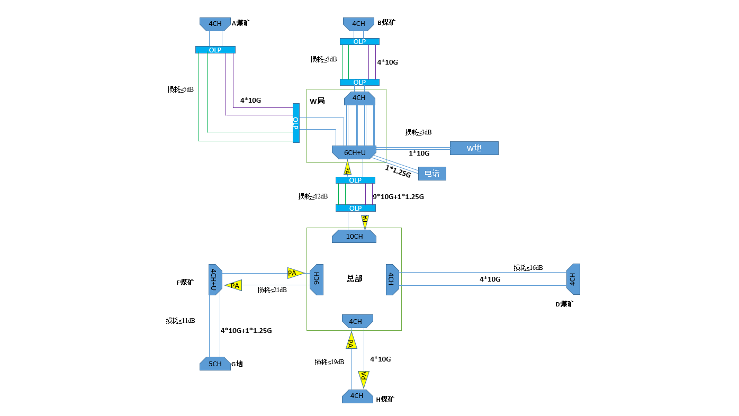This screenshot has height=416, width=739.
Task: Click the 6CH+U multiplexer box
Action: click(354, 152)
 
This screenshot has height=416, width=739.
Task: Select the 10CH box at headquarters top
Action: click(354, 236)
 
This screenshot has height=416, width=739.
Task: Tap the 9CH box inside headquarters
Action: click(316, 279)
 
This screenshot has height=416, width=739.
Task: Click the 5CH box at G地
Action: click(215, 364)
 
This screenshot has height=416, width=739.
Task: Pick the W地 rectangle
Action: click(474, 148)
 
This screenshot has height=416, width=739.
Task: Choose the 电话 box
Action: click(432, 173)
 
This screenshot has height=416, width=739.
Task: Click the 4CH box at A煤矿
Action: click(215, 24)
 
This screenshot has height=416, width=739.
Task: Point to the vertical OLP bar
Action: click(296, 123)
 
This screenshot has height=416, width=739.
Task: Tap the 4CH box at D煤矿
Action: click(573, 279)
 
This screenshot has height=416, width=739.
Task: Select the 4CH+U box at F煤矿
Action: click(214, 279)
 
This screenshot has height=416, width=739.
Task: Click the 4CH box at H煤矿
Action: click(357, 396)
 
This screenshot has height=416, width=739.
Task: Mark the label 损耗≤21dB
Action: click(272, 290)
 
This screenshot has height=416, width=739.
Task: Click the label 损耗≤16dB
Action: click(528, 268)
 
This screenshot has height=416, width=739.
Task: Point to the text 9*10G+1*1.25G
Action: click(398, 197)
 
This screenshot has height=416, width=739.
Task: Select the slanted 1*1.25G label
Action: click(398, 171)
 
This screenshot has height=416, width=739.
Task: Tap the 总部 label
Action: click(354, 278)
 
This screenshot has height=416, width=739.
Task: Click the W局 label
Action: click(317, 101)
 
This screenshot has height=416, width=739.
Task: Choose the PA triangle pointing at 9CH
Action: click(295, 273)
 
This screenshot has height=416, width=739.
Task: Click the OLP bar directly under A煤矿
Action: click(215, 50)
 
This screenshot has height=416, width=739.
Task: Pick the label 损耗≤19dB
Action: click(329, 362)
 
